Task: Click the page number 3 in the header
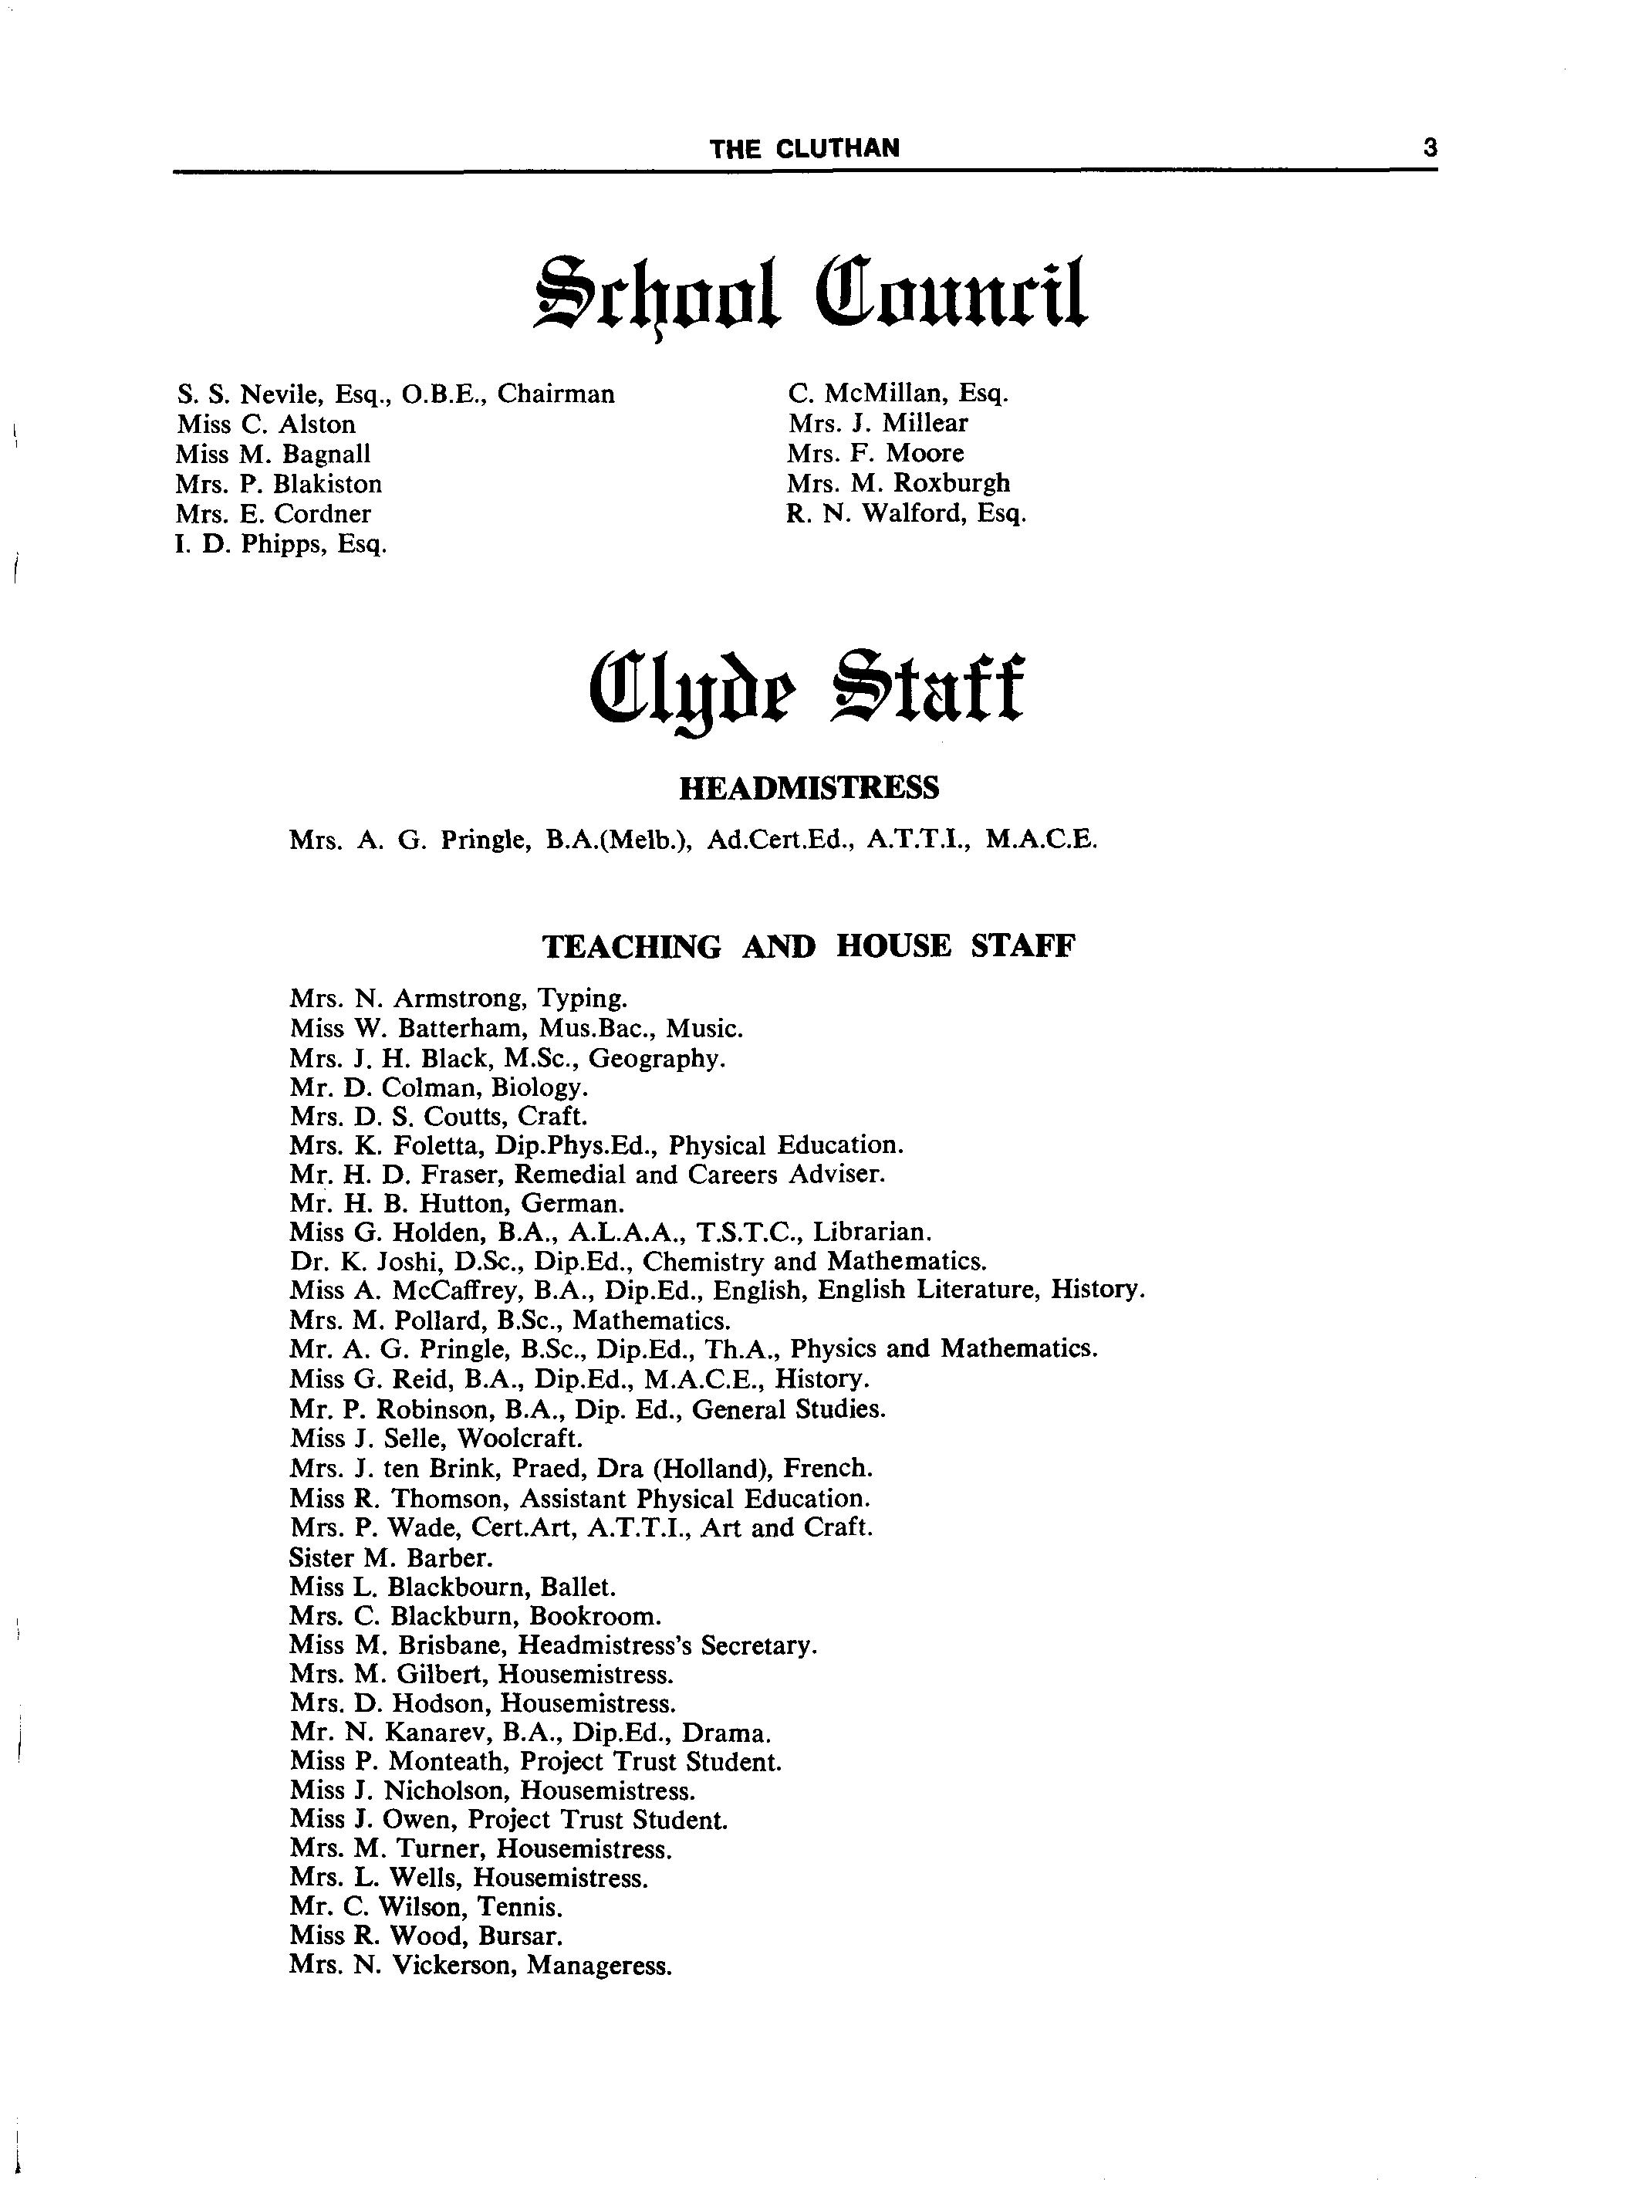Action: click(1429, 148)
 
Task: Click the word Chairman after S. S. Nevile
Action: click(556, 394)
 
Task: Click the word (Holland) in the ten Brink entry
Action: click(711, 1469)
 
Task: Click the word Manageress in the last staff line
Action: click(600, 1966)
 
